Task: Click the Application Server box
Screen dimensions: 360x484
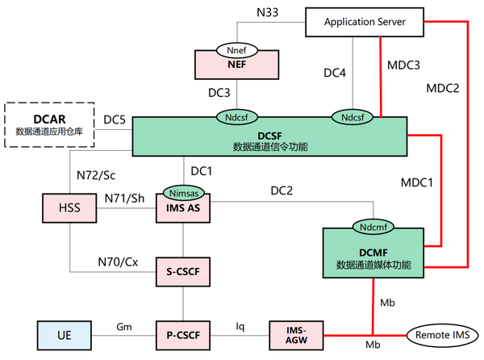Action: (364, 22)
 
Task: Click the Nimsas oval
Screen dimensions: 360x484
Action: (183, 193)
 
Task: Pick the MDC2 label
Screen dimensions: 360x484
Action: (442, 87)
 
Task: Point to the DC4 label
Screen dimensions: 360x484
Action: (335, 73)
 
